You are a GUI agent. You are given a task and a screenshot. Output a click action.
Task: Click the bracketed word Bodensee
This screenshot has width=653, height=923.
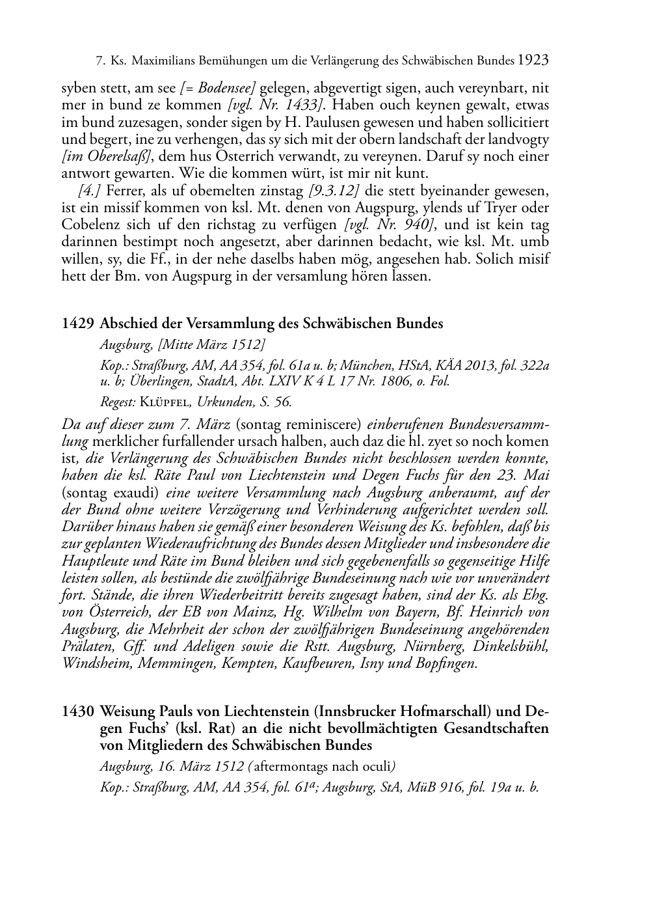click(x=227, y=88)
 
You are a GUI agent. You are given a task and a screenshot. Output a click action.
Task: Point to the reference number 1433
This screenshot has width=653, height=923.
click(x=304, y=105)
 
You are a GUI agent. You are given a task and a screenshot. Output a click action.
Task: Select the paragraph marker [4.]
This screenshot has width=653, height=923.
click(x=88, y=191)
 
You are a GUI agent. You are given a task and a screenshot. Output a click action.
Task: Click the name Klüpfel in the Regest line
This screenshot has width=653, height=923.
click(x=162, y=402)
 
